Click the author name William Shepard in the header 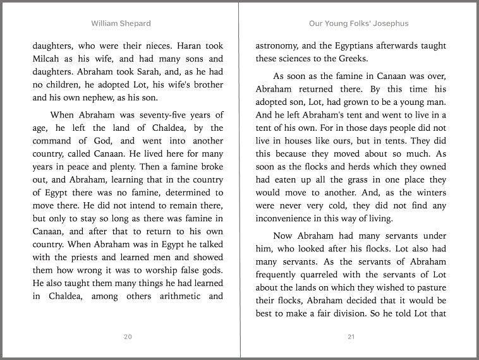pyautogui.click(x=121, y=23)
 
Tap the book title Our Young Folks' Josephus pyautogui.click(x=358, y=23)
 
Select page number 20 pyautogui.click(x=128, y=337)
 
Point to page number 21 pyautogui.click(x=351, y=337)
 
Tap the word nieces pyautogui.click(x=152, y=46)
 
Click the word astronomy pyautogui.click(x=279, y=46)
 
